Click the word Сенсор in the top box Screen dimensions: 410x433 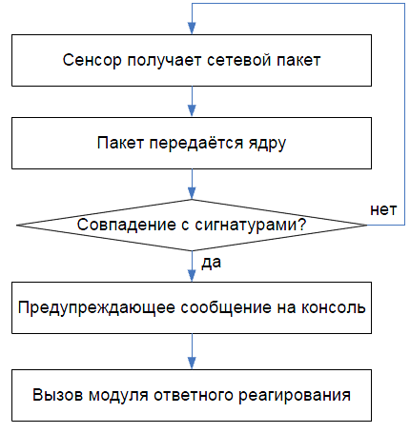click(x=92, y=60)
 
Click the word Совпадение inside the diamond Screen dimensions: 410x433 click(x=126, y=225)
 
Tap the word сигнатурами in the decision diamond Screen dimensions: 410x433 click(x=245, y=226)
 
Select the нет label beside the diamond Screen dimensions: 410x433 click(x=383, y=210)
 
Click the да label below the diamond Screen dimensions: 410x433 click(x=211, y=264)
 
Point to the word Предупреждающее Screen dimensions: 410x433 click(x=96, y=307)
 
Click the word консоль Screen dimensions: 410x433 click(x=334, y=307)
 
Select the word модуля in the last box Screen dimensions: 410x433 click(x=118, y=396)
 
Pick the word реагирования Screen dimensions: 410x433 click(x=295, y=396)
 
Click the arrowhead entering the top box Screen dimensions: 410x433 click(x=192, y=29)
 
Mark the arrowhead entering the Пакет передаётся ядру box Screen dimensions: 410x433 click(x=192, y=110)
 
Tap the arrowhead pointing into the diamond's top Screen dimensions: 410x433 click(x=192, y=193)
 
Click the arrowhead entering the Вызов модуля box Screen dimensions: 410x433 click(x=192, y=364)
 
